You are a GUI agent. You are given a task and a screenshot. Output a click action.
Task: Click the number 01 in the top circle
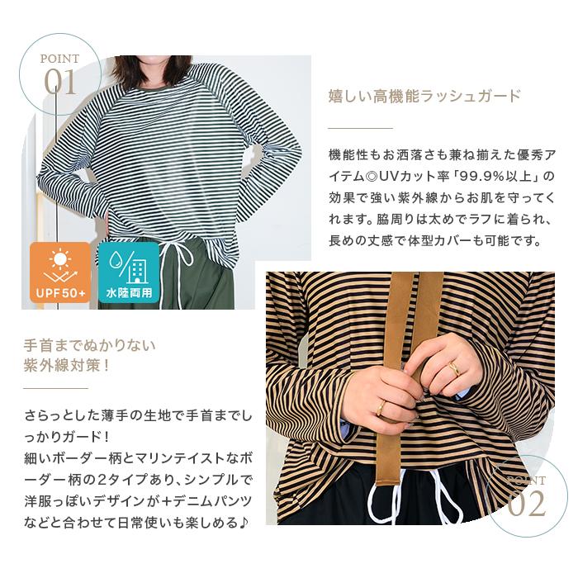[x=60, y=83]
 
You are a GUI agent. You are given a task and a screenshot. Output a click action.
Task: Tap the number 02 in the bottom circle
[x=527, y=504]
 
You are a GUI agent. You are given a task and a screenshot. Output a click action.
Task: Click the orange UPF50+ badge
[x=60, y=272]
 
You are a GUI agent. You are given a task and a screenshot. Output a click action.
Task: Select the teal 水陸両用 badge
[x=129, y=272]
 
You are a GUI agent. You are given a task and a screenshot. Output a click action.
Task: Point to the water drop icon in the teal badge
[x=116, y=261]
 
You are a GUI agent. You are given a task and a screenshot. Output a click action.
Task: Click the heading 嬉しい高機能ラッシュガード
[x=424, y=97]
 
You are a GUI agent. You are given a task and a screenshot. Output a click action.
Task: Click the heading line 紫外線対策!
[x=67, y=366]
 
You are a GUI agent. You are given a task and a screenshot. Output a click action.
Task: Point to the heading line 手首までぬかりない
[x=89, y=346]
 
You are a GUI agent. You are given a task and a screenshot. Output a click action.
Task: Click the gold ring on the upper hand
[x=454, y=367]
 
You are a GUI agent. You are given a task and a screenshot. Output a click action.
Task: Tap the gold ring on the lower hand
[x=381, y=407]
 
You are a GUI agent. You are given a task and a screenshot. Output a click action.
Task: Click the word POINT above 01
[x=59, y=59]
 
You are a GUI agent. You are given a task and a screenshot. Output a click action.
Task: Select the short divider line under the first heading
[x=361, y=128]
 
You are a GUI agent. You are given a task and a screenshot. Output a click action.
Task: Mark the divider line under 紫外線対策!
[x=55, y=388]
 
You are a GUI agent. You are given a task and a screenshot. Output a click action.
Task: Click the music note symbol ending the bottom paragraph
[x=244, y=523]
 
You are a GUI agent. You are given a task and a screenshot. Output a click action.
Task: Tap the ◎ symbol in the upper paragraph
[x=372, y=177]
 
